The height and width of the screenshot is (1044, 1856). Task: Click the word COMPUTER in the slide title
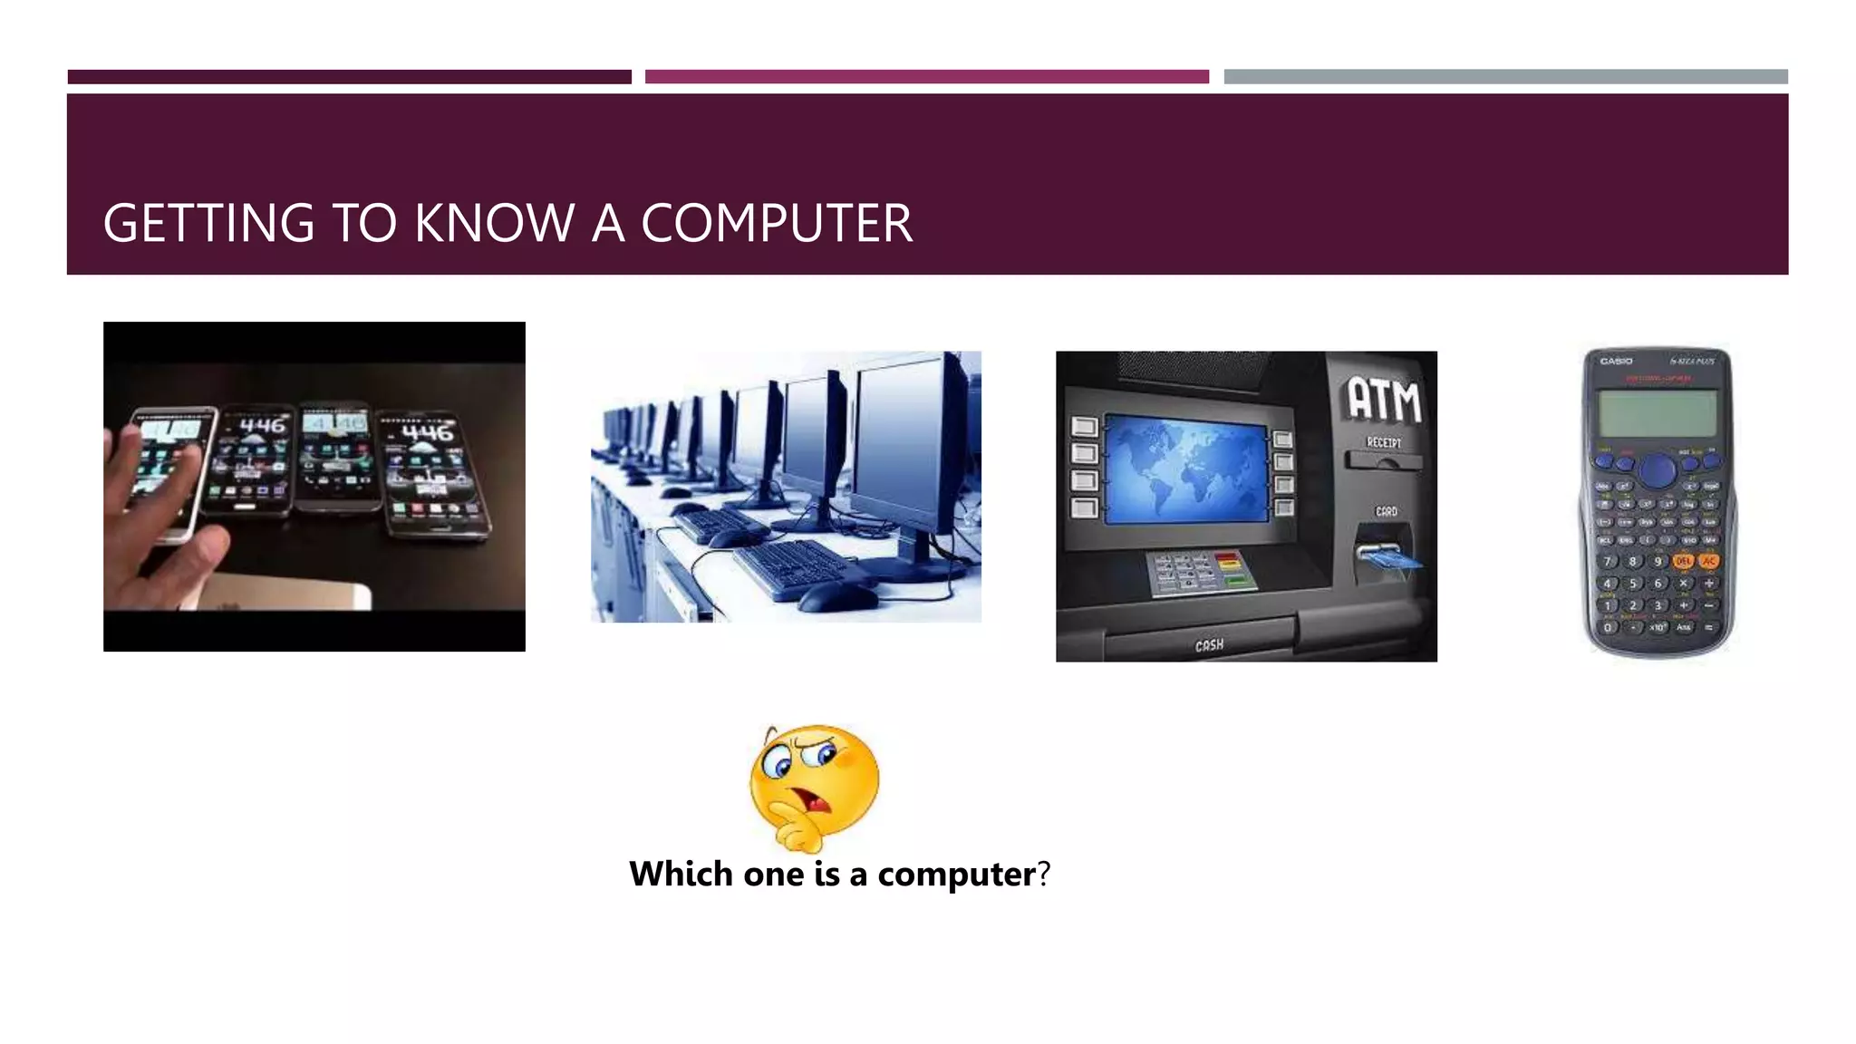tap(777, 223)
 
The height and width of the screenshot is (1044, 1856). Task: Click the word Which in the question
tap(681, 875)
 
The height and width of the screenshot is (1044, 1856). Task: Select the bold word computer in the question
tap(956, 875)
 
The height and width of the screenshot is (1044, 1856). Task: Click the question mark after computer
tap(1044, 875)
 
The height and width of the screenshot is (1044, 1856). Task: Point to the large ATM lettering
tap(1384, 400)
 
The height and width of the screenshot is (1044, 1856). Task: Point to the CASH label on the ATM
tap(1209, 645)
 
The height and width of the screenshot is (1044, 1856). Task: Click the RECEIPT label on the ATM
tap(1384, 442)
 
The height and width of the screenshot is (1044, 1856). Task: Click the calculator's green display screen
tap(1658, 412)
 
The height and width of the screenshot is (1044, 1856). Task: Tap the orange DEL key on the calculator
tap(1683, 562)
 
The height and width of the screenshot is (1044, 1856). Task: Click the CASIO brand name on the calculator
tap(1616, 362)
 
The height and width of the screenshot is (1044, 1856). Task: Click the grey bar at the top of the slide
tap(1505, 77)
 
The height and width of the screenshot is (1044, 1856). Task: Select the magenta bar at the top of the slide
tap(926, 77)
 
